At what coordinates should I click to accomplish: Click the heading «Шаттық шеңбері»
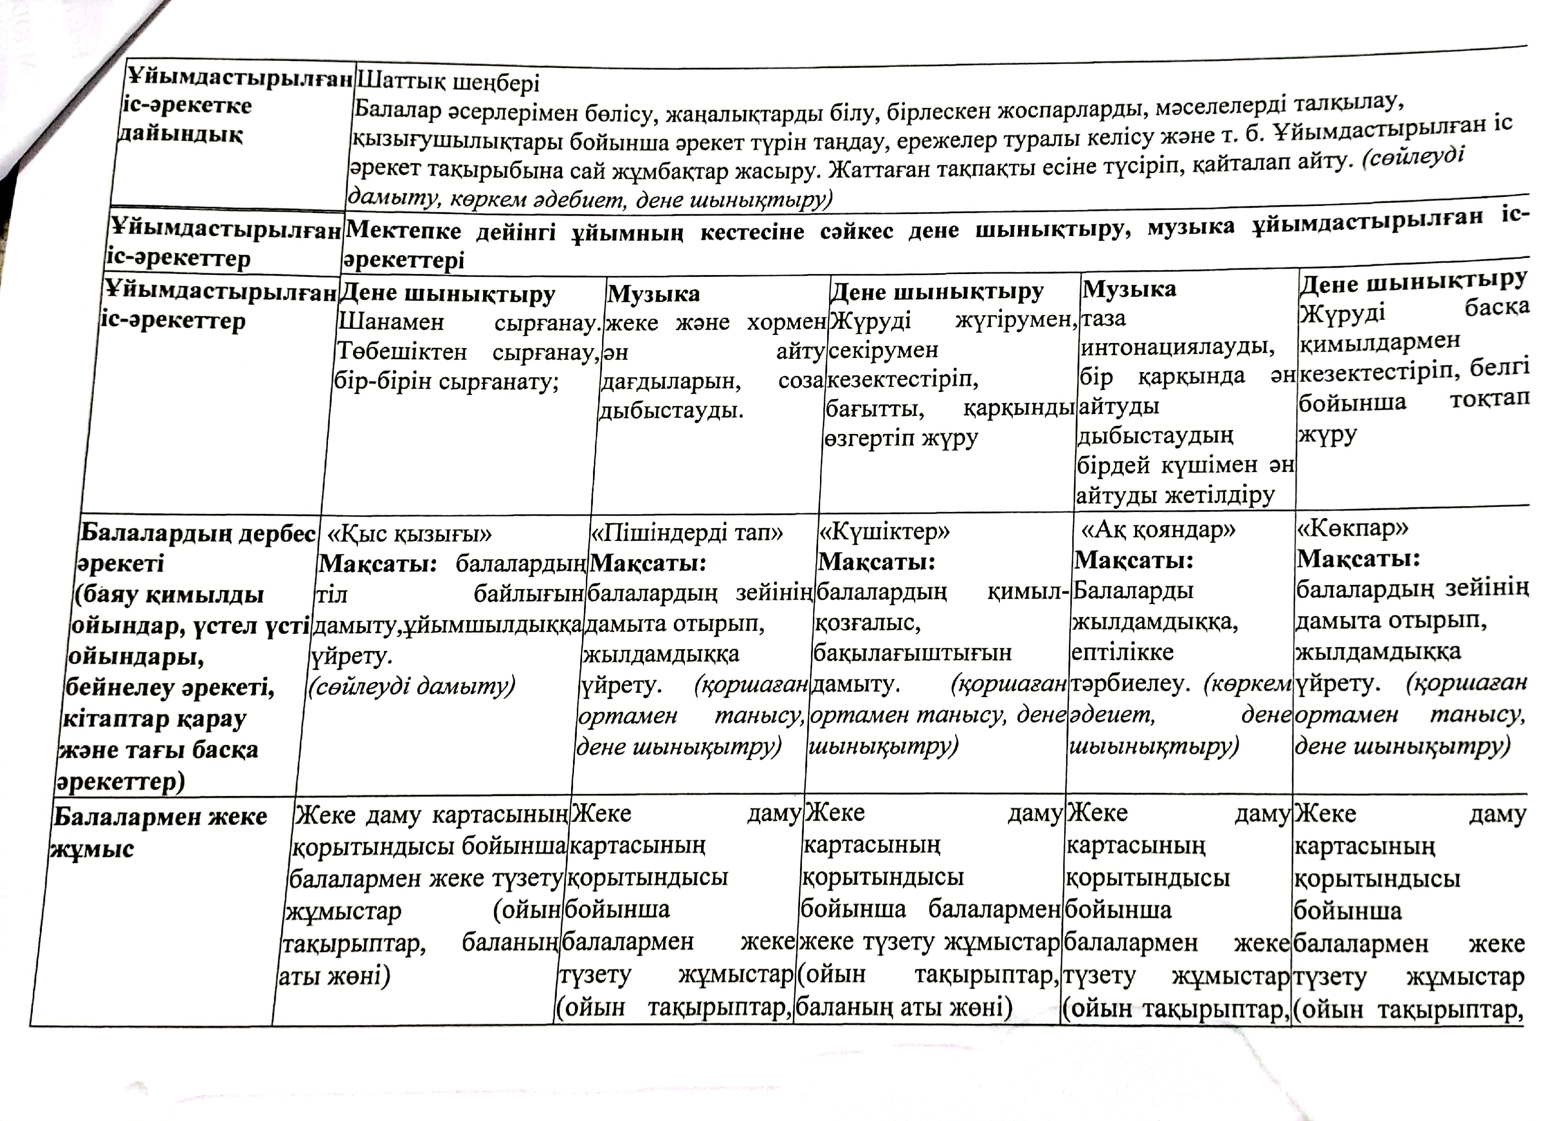[448, 82]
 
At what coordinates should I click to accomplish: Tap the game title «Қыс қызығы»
[409, 534]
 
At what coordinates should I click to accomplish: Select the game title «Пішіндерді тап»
[687, 532]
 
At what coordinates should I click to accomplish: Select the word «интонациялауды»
[1177, 347]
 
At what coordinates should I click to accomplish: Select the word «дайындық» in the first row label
[180, 134]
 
